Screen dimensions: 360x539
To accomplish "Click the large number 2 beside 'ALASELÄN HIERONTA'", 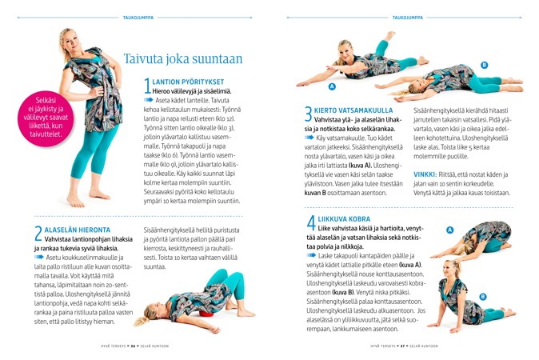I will (x=38, y=233).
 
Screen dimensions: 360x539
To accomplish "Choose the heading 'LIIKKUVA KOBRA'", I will (x=344, y=218).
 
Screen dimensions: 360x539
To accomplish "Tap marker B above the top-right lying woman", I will (x=484, y=64).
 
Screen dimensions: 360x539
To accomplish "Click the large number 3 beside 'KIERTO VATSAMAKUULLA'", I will (x=309, y=115).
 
